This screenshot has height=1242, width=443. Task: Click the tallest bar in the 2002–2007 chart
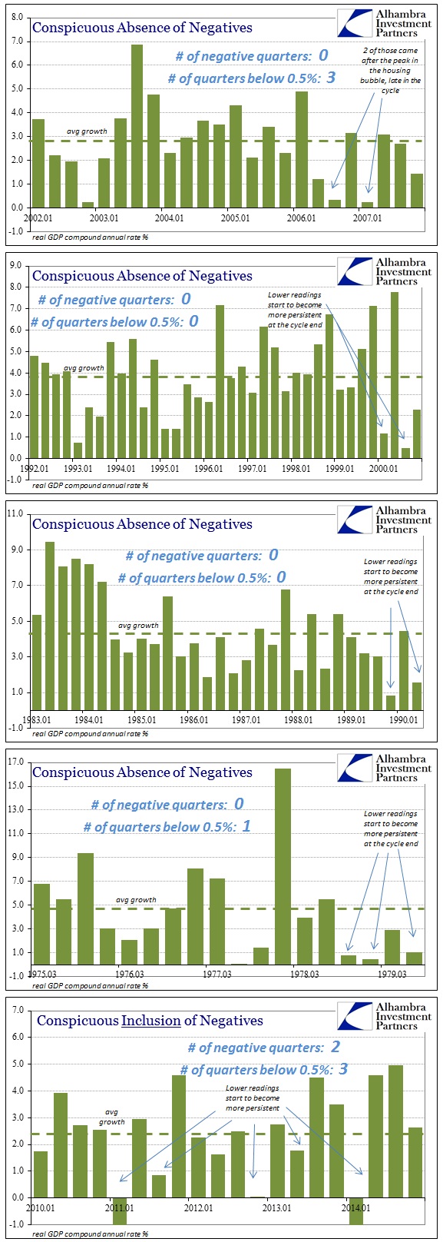(137, 126)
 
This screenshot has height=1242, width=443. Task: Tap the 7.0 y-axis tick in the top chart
(17, 41)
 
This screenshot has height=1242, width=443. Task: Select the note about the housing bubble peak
(390, 71)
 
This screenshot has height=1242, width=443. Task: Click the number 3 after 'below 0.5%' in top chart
(331, 77)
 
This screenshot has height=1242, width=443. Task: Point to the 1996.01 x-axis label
(208, 469)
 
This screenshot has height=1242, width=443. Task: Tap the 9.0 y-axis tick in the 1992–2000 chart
(17, 266)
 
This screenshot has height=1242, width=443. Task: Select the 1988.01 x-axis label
(298, 719)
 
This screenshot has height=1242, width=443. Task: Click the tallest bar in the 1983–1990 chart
(49, 626)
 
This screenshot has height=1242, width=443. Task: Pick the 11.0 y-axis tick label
(15, 514)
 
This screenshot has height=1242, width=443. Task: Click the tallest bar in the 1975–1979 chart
(283, 867)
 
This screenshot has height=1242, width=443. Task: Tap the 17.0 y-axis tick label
(15, 762)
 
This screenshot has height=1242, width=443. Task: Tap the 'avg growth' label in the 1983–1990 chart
(138, 626)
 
